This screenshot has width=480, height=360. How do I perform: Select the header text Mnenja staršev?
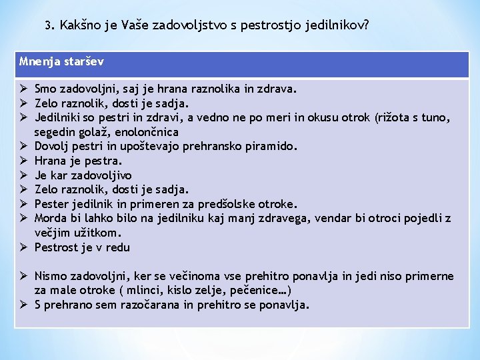[61, 62]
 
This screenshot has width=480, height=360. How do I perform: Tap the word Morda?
[49, 218]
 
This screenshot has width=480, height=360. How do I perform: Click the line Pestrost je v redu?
[82, 247]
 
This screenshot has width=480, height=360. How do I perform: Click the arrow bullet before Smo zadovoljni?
[23, 88]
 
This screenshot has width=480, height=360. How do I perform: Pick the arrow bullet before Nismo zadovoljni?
[23, 276]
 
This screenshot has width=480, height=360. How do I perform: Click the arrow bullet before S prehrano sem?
[23, 305]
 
